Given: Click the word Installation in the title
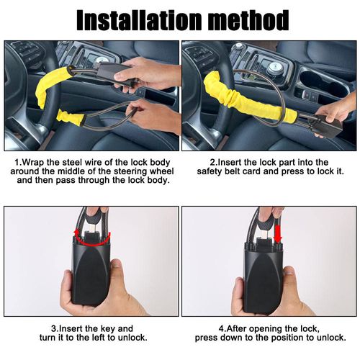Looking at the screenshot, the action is (x=140, y=20).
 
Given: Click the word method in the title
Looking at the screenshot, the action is (x=248, y=20).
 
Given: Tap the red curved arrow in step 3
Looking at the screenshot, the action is (x=91, y=239).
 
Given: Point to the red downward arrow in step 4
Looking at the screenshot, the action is (x=279, y=233).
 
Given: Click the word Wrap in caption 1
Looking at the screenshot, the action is (x=33, y=163).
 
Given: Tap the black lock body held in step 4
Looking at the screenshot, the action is (x=264, y=276).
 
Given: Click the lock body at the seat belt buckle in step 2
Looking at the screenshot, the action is (x=327, y=126).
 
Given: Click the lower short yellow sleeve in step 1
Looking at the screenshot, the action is (x=71, y=117).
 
